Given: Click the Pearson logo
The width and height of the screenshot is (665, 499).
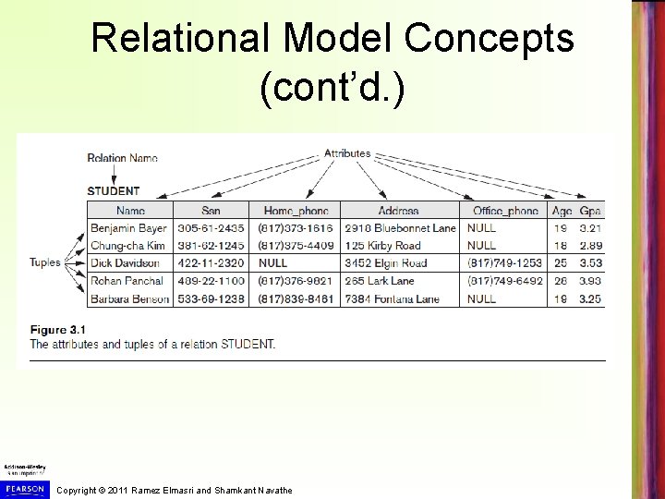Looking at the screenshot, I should pyautogui.click(x=24, y=488).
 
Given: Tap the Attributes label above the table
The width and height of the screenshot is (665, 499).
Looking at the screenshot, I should pyautogui.click(x=347, y=153).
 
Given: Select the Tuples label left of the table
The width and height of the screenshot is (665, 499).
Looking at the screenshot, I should pyautogui.click(x=44, y=262).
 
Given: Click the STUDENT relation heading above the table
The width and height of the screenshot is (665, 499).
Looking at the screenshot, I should pyautogui.click(x=114, y=191).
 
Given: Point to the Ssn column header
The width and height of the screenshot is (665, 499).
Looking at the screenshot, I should pyautogui.click(x=212, y=211).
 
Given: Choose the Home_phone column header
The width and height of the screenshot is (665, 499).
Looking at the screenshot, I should pyautogui.click(x=296, y=211).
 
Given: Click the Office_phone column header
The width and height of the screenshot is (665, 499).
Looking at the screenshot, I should pyautogui.click(x=504, y=211).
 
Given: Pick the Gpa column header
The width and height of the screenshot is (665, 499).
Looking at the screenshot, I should pyautogui.click(x=590, y=211).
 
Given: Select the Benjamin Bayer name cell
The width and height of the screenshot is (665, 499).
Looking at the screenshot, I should pyautogui.click(x=128, y=227).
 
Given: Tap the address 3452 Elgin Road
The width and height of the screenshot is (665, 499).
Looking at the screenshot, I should pyautogui.click(x=386, y=263).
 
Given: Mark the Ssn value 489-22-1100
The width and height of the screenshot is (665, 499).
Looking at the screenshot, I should pyautogui.click(x=212, y=281).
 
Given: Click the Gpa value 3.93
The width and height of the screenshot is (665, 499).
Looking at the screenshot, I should pyautogui.click(x=590, y=281).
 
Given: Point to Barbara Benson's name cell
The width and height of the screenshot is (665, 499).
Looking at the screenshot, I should pyautogui.click(x=130, y=298).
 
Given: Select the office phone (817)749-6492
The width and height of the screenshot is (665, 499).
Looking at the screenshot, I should pyautogui.click(x=504, y=281).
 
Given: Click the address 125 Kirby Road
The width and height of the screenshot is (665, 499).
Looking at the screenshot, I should pyautogui.click(x=382, y=246).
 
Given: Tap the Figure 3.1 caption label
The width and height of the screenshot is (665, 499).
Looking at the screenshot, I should pyautogui.click(x=60, y=330).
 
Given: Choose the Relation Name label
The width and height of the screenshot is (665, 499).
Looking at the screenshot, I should pyautogui.click(x=122, y=158).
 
